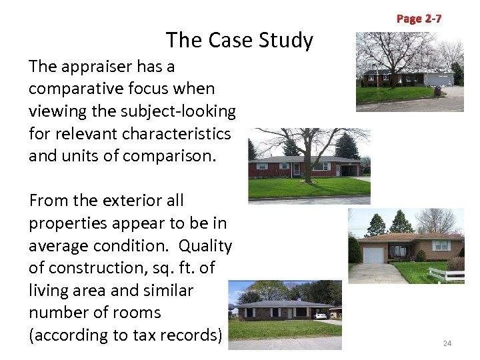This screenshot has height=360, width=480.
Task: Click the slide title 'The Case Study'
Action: coord(239,41)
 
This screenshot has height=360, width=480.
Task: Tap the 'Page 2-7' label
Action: coord(419,19)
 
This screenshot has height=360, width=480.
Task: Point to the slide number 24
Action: coord(447,343)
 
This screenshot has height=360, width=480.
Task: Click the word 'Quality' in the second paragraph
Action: coord(206,245)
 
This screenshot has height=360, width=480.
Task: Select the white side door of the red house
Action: coord(296,169)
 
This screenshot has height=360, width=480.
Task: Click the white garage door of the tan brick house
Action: coord(373,255)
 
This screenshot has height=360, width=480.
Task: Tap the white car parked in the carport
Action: coord(321,315)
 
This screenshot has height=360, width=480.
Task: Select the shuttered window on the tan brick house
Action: coord(442,247)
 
